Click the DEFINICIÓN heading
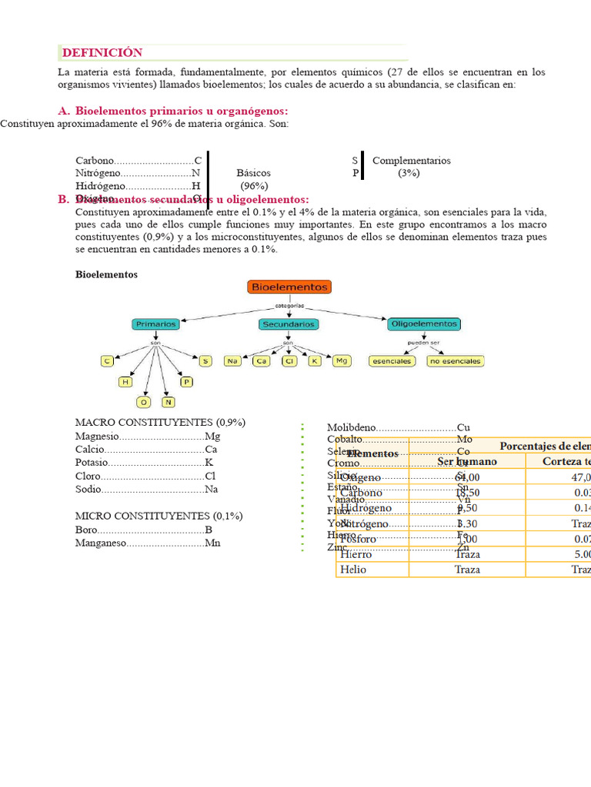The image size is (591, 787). [102, 53]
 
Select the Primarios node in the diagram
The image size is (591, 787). [155, 324]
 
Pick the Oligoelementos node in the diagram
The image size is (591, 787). [424, 324]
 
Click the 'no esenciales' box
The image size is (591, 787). [456, 360]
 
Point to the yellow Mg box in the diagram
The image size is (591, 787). [341, 360]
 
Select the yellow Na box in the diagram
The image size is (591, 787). [232, 360]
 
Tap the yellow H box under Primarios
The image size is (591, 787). [125, 381]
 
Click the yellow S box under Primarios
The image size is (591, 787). [205, 360]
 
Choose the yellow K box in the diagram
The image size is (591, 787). [314, 360]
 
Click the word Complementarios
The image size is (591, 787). [411, 161]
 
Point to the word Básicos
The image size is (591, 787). [253, 173]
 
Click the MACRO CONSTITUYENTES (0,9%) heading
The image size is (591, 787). [160, 423]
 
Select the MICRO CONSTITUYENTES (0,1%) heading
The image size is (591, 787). [159, 516]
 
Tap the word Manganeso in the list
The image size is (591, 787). [100, 543]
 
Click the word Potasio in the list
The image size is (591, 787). [92, 463]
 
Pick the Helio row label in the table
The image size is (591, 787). [353, 569]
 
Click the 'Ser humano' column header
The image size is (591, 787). [467, 461]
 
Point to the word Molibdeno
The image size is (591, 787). [352, 427]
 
